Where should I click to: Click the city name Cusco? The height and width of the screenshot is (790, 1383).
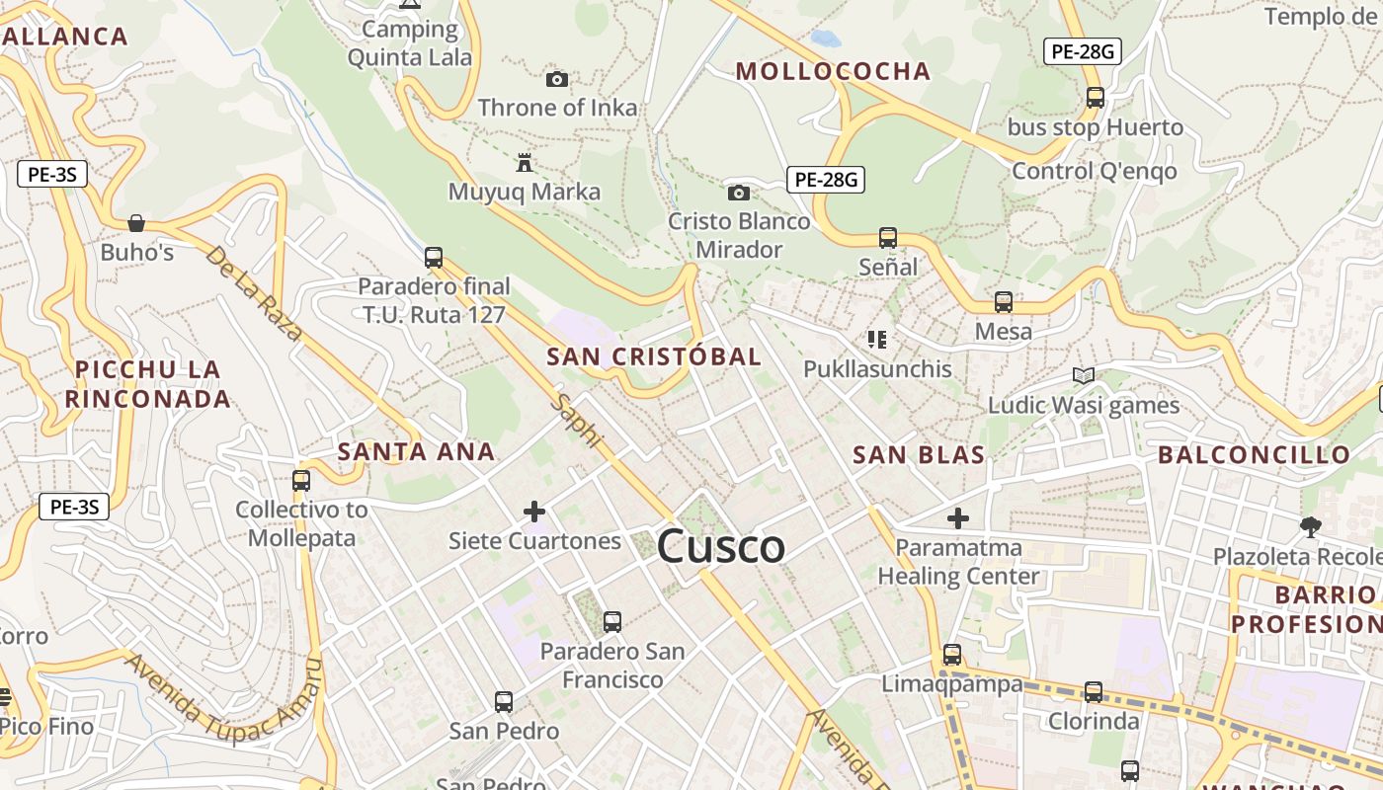point(720,546)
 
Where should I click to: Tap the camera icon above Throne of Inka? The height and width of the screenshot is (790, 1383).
point(557,79)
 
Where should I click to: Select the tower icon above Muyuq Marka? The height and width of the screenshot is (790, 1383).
point(525,162)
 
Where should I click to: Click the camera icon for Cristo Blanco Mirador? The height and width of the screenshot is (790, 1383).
point(738,193)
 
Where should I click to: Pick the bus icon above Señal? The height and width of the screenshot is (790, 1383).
point(888,238)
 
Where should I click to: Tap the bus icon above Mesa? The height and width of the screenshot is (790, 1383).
point(1004,302)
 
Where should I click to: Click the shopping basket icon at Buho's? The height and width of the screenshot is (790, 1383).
point(136,223)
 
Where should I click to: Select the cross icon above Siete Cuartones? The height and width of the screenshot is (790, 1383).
point(534,512)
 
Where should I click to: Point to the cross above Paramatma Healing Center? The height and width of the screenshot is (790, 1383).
point(957,517)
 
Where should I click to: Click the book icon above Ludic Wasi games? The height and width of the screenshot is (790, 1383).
point(1084,375)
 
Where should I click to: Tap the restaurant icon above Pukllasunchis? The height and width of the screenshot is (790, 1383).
point(877,340)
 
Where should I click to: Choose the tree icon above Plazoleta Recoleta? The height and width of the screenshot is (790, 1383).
point(1311,526)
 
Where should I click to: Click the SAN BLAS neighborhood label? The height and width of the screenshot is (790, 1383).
point(919,455)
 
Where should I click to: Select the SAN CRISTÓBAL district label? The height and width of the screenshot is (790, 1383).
point(654,356)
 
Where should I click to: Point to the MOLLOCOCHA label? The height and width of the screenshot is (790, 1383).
point(833,71)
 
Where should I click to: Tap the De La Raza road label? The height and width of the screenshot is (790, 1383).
point(253,293)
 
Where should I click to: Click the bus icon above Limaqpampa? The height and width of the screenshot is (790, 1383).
point(952,654)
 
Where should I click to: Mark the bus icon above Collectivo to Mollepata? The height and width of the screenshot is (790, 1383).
point(301,481)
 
